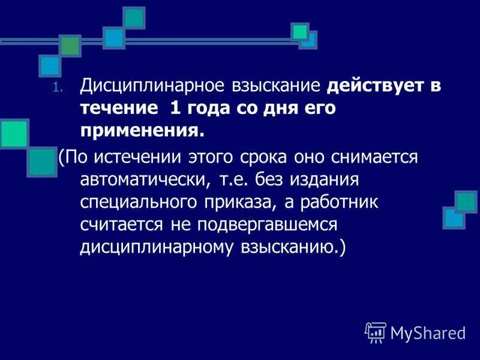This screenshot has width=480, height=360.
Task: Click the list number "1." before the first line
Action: point(57,88)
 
